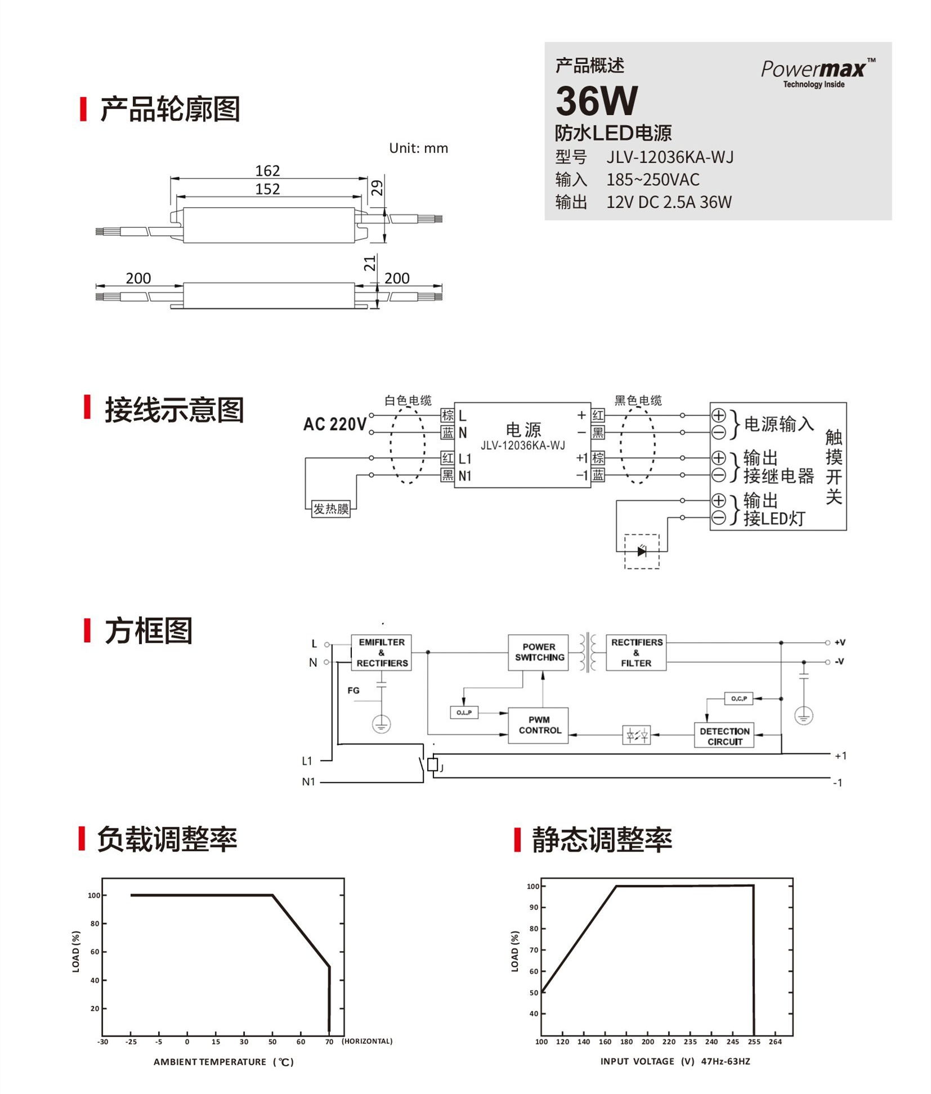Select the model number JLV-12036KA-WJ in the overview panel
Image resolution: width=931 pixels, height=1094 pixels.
coord(670,157)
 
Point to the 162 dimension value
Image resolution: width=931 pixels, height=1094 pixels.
coord(267,171)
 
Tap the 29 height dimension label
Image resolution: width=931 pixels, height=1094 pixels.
coord(377,187)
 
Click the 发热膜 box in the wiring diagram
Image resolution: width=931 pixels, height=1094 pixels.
coord(331,509)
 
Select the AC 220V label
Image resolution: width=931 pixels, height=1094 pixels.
coord(335,424)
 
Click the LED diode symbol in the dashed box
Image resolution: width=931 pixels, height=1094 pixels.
coord(642,552)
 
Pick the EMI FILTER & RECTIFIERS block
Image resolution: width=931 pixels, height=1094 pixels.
coord(382,653)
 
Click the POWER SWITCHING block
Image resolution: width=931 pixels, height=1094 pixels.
coord(539,652)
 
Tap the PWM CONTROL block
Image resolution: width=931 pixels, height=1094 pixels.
coord(539,725)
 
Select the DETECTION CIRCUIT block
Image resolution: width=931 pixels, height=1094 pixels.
coord(724,736)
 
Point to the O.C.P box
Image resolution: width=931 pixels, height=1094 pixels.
coord(738,698)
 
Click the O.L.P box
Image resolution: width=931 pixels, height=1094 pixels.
coord(464,712)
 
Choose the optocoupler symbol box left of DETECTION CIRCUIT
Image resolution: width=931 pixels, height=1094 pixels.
coord(637,735)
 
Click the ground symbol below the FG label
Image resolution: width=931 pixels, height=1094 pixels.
coord(382,724)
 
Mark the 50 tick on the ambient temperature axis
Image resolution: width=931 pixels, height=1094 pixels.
coord(272,1042)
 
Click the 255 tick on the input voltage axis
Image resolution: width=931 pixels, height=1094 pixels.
coord(754,1042)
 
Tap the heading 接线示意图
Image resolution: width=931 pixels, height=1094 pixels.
coord(174,410)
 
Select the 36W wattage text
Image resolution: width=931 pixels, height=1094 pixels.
coord(597,101)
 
